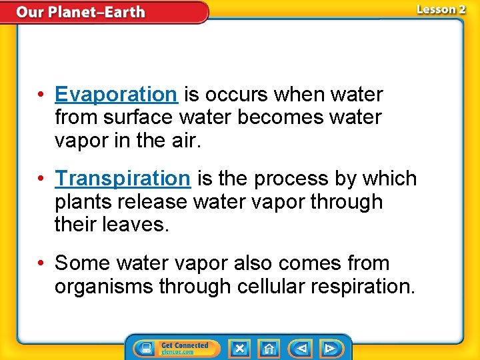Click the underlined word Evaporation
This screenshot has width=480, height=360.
click(x=116, y=95)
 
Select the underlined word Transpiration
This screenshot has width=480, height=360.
click(x=123, y=179)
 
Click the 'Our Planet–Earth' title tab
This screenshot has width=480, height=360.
click(x=80, y=12)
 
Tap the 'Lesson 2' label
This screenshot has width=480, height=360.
click(x=441, y=9)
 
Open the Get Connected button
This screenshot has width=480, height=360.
click(x=175, y=348)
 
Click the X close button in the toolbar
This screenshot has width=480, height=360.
click(x=239, y=348)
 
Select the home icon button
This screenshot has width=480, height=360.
click(x=269, y=348)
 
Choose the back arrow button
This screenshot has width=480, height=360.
click(x=301, y=348)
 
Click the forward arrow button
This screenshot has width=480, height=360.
click(x=330, y=348)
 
